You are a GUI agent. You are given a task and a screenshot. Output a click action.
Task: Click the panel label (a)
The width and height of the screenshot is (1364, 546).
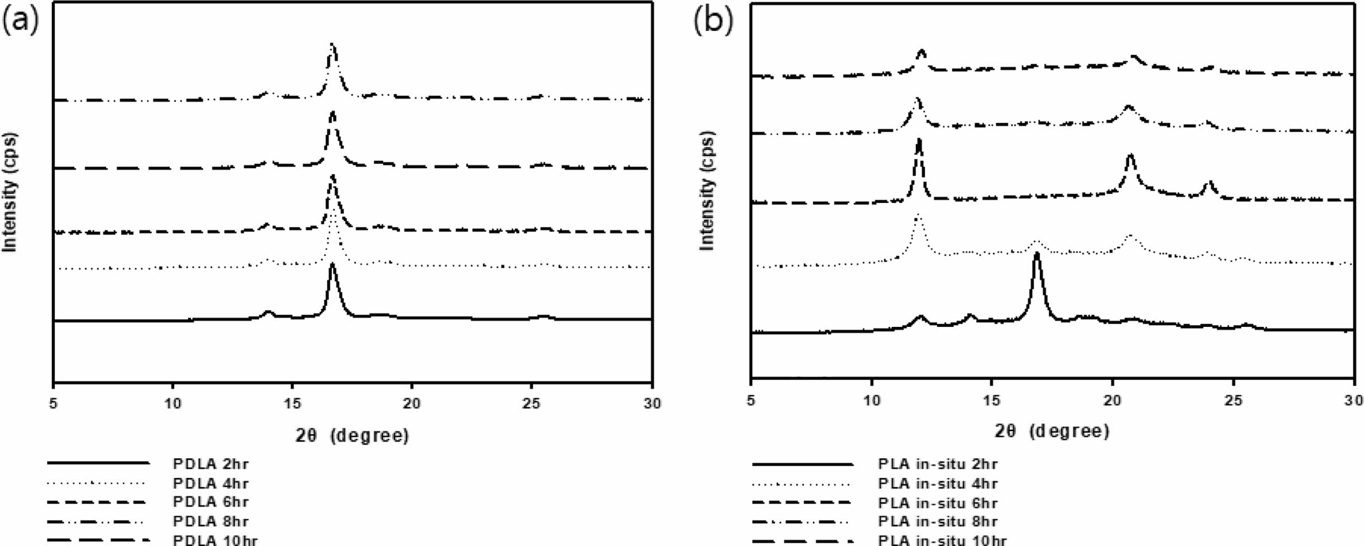coord(21,21)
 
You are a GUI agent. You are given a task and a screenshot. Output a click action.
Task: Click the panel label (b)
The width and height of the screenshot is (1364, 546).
coord(712,21)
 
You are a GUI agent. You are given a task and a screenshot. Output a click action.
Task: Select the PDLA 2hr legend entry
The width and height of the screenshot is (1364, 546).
coord(210,464)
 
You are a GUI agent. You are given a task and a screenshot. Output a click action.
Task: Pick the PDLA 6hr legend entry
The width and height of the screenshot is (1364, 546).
coord(210,502)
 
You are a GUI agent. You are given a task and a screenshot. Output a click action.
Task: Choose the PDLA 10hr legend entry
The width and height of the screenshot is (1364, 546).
coord(215,540)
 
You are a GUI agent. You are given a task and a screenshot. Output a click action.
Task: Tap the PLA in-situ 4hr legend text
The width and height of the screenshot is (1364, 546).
coord(937,483)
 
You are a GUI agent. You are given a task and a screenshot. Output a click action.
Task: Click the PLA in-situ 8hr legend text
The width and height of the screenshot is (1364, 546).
coord(937,521)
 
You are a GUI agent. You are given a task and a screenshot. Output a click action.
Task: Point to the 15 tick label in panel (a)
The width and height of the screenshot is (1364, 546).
coord(292,403)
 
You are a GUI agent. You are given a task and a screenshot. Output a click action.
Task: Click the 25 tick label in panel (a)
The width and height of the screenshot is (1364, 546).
coord(531,403)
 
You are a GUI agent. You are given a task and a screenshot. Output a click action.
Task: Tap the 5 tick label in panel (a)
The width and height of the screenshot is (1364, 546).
coord(53,403)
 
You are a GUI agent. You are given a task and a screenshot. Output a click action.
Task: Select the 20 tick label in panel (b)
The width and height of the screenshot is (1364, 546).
coord(1112,400)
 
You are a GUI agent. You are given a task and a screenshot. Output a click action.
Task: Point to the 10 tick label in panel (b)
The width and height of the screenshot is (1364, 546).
coord(871,400)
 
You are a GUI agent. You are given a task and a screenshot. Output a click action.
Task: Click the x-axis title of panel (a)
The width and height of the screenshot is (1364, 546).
coord(352,435)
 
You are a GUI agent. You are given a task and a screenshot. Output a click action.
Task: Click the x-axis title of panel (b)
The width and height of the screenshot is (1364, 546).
coord(1052,431)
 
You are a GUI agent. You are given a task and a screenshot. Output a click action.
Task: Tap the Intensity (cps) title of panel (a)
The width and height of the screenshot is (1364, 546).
coord(10,192)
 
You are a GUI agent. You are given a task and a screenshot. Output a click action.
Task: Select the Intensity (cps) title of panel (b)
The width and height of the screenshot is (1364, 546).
coord(707,191)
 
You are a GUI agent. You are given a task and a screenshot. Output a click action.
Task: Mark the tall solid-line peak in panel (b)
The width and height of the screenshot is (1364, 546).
coord(1037,255)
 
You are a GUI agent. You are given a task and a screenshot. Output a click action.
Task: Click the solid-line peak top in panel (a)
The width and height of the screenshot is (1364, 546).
coord(332,265)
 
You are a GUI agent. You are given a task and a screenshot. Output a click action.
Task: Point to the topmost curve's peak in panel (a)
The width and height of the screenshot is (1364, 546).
coord(332,45)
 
